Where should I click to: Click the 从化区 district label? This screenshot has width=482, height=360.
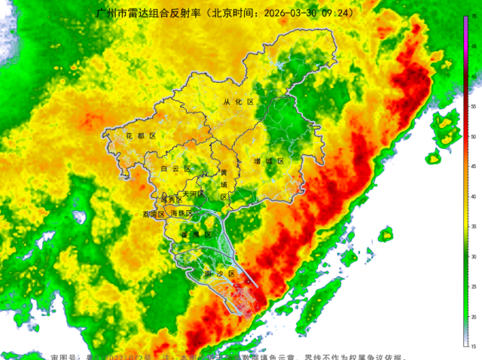239,102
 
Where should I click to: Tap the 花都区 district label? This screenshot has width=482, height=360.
141,136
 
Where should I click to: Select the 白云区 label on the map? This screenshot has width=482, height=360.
177,169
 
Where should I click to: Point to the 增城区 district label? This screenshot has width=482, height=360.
269,161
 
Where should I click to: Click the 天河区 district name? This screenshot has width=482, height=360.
194,194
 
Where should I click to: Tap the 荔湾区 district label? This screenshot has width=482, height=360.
154,214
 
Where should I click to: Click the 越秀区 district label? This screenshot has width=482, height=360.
172,200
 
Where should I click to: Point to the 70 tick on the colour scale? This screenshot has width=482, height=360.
472,17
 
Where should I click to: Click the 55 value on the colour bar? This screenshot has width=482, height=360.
472,107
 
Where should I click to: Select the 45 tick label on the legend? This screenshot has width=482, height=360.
472,166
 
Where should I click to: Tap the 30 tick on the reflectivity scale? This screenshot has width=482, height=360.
472,257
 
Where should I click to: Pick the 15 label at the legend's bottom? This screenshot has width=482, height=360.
472,346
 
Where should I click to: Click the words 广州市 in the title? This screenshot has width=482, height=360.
110,14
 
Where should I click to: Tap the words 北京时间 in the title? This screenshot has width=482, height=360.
233,14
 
